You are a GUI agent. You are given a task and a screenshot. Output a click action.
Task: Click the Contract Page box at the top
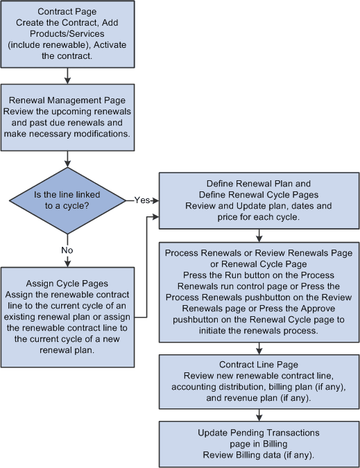point(68,34)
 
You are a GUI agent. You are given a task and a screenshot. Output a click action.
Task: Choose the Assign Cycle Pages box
point(68,318)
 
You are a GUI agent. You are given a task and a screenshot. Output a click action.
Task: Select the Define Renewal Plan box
point(259,200)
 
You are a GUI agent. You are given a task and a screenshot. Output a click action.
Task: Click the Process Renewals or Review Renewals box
point(259,291)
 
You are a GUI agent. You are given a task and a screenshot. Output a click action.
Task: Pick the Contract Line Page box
point(259,380)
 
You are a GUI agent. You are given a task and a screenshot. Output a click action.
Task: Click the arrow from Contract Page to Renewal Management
point(68,76)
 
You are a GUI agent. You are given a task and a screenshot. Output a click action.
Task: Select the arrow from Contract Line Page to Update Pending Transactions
point(259,413)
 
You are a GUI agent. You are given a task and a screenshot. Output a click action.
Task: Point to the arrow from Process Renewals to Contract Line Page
point(259,347)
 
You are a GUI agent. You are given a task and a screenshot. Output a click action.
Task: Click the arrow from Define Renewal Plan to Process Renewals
point(259,235)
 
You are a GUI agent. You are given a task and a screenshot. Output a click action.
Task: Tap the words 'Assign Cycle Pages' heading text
point(68,283)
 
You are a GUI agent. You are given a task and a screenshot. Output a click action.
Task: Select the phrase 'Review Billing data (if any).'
point(259,454)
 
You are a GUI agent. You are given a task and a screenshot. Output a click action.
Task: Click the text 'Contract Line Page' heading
point(259,364)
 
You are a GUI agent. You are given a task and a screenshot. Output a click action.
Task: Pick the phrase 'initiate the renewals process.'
point(259,331)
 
